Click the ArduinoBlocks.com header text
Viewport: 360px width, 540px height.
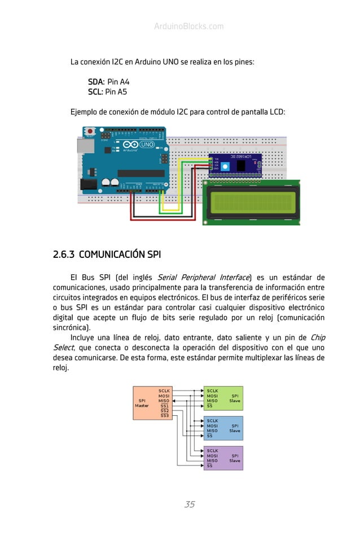(188, 27)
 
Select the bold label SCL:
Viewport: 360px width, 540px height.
(95, 91)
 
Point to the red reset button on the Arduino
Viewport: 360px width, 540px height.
(90, 132)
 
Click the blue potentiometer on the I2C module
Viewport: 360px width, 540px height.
(226, 166)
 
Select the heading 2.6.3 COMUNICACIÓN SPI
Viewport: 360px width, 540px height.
(107, 254)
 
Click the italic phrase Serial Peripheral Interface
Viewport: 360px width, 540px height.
(203, 278)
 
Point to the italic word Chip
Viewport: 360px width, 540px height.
(318, 337)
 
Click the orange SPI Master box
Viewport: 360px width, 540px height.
(145, 403)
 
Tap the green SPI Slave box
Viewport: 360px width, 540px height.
(223, 398)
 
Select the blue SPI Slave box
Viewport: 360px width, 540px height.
(223, 428)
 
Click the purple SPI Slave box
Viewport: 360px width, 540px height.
(223, 458)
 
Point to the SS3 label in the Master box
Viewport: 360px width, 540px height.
(165, 416)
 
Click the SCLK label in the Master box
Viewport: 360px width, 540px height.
(165, 390)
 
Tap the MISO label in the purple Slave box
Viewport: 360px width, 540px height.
(212, 460)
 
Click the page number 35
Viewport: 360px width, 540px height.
(190, 504)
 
